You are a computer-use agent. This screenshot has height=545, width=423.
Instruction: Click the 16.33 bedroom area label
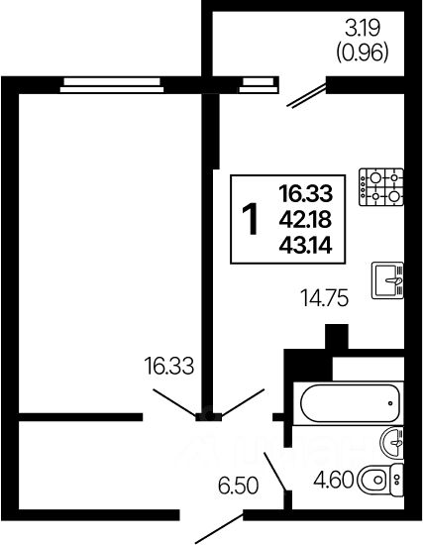tap(169, 366)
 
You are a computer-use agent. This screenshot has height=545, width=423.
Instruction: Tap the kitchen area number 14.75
tap(325, 298)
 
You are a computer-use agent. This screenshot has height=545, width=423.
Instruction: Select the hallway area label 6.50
tap(239, 486)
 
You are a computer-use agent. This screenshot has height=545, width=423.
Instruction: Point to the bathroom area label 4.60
tap(333, 480)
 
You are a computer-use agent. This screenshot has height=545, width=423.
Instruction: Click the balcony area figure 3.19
tap(363, 28)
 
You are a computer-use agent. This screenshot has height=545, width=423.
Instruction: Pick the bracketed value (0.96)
tap(362, 54)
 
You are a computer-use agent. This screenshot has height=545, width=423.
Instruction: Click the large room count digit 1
tap(251, 219)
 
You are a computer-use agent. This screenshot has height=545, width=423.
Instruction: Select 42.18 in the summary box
tap(305, 220)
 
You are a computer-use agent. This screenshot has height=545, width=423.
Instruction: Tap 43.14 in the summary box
tap(305, 246)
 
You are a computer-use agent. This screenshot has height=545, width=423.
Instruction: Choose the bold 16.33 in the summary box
tap(306, 193)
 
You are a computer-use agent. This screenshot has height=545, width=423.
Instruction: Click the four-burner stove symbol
tap(381, 187)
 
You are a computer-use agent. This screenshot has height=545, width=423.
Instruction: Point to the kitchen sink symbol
tap(387, 280)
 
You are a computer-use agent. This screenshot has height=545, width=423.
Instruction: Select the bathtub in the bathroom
tap(349, 403)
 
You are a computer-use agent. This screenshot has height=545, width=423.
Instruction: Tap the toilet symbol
tap(381, 480)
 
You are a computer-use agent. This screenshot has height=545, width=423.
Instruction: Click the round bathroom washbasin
tap(392, 443)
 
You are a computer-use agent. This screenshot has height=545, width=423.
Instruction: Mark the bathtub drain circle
tap(390, 403)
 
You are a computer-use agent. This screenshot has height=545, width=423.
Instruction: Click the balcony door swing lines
tap(306, 95)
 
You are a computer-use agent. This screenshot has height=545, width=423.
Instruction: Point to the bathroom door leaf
tap(275, 472)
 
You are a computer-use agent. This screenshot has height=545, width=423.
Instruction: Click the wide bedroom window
tap(112, 85)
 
